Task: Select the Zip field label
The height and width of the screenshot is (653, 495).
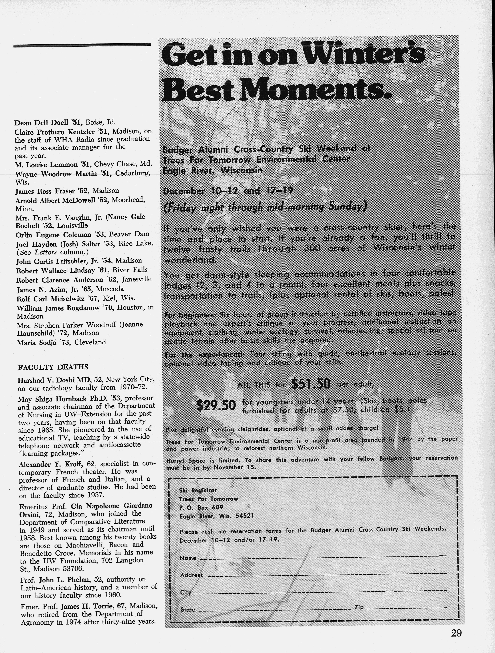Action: [x=359, y=608]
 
